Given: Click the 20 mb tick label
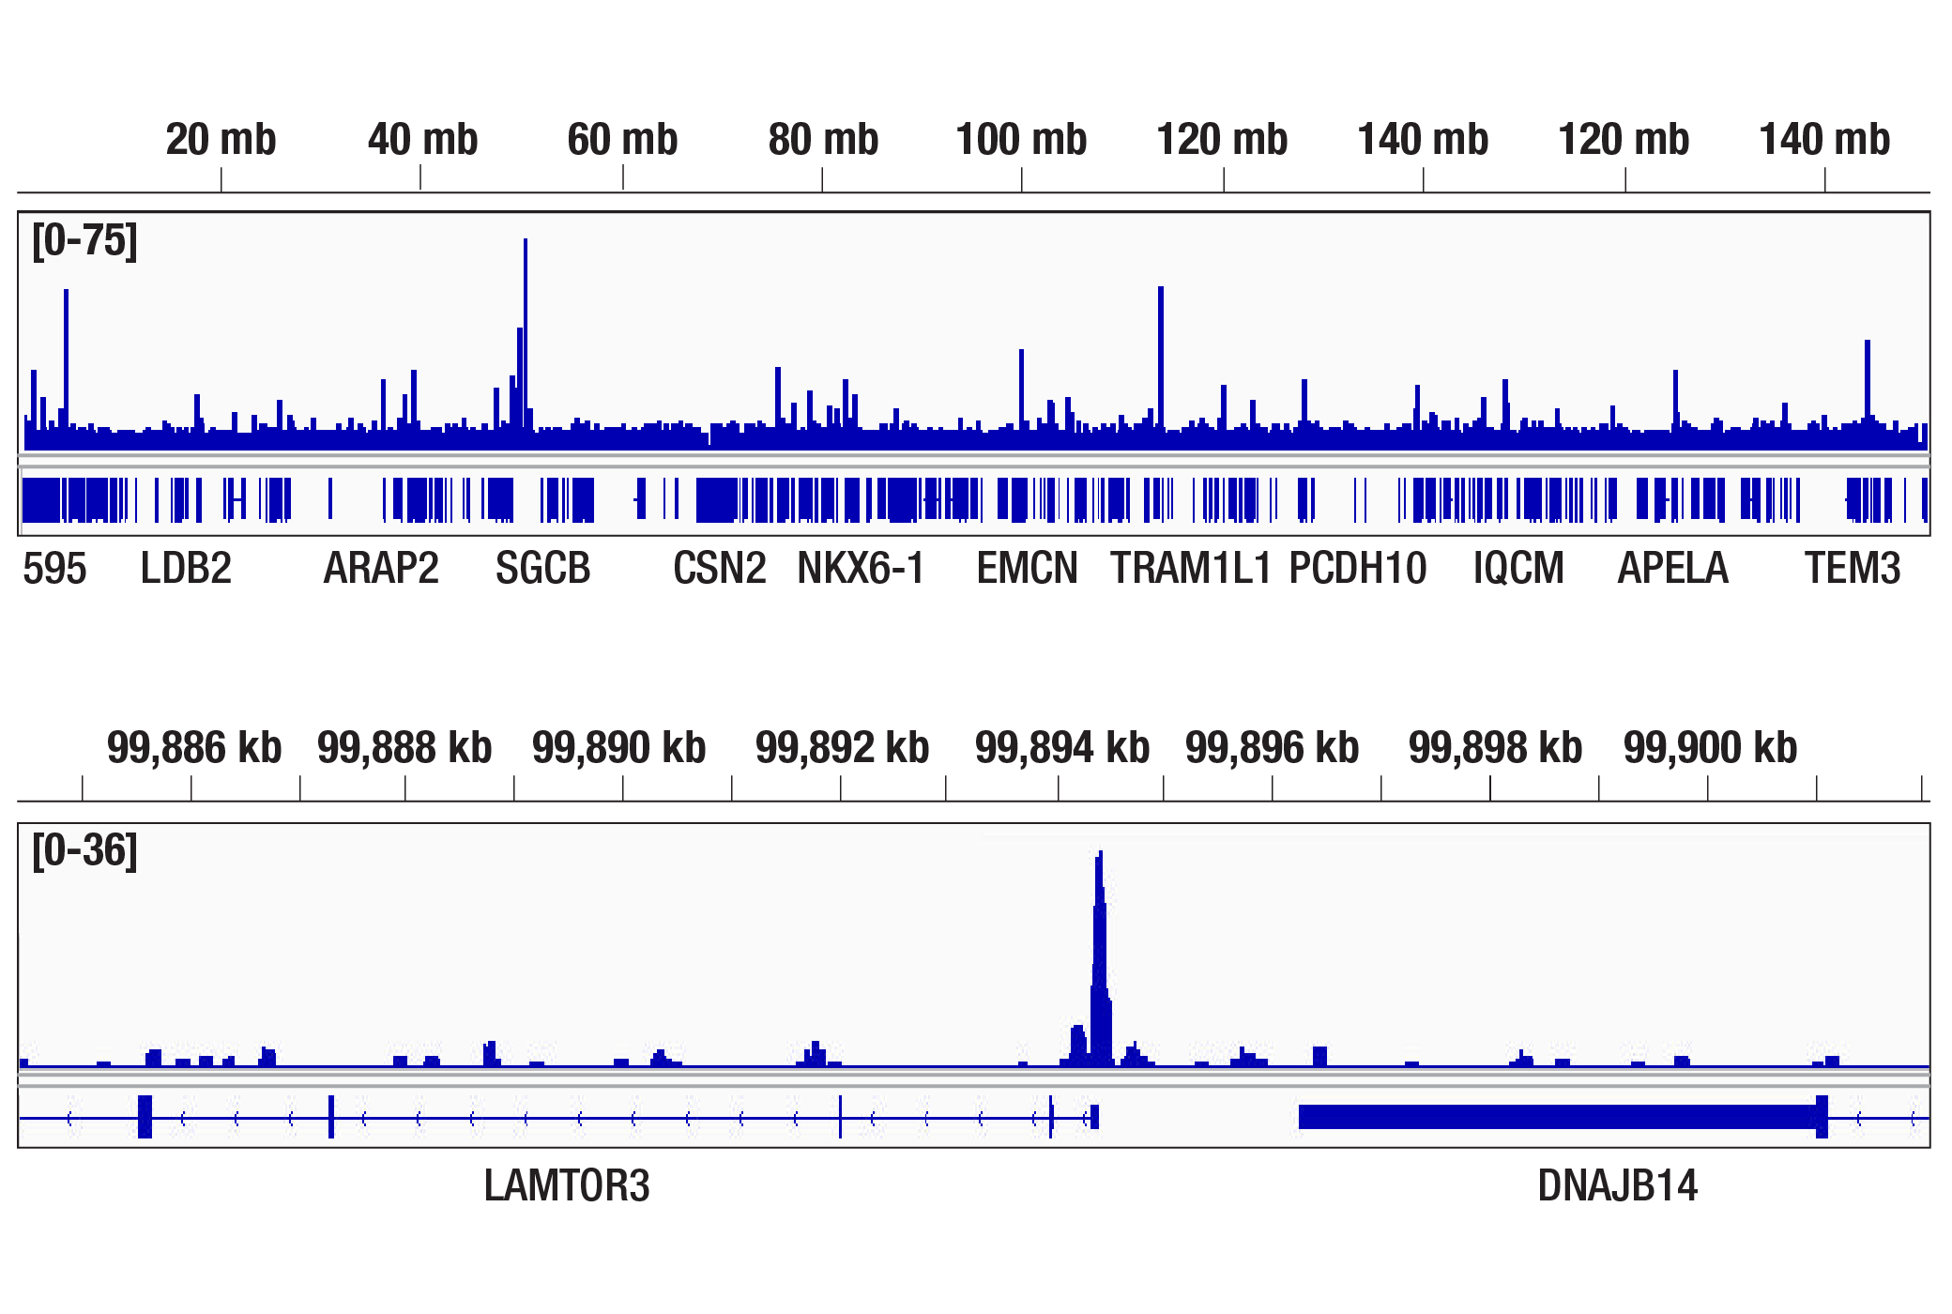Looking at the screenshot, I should coord(221,140).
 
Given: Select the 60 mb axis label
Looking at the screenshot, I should coord(622,140).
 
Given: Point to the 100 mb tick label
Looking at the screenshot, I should coord(1021,140).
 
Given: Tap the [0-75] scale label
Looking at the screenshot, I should coord(84,241).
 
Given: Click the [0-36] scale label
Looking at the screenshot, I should coord(84,851).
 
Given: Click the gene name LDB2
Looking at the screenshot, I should coord(186,569).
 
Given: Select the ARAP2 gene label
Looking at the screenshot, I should coord(381,569).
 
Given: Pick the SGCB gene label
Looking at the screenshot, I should coord(543,569).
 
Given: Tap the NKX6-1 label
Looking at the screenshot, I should coord(861,569).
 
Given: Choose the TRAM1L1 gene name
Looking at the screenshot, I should coord(1190,569).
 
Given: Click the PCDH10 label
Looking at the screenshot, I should coord(1358,569).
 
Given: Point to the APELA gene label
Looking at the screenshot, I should coord(1672,569).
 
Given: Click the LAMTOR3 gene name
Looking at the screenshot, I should coord(566,1186).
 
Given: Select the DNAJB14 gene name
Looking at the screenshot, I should coord(1617,1186).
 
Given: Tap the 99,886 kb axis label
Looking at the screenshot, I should coord(194,748).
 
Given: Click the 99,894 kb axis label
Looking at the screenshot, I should coord(1062,748).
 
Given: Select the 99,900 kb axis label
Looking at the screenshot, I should coord(1710,748).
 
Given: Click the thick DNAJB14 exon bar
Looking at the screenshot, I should coord(1558,1117).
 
